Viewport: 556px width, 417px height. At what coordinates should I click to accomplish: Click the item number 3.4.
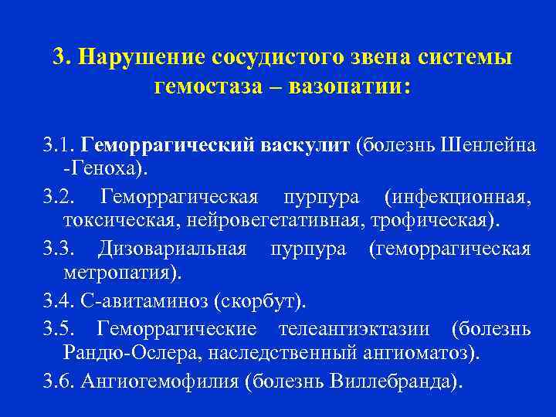59,300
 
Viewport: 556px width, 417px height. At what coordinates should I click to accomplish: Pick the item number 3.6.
59,380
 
